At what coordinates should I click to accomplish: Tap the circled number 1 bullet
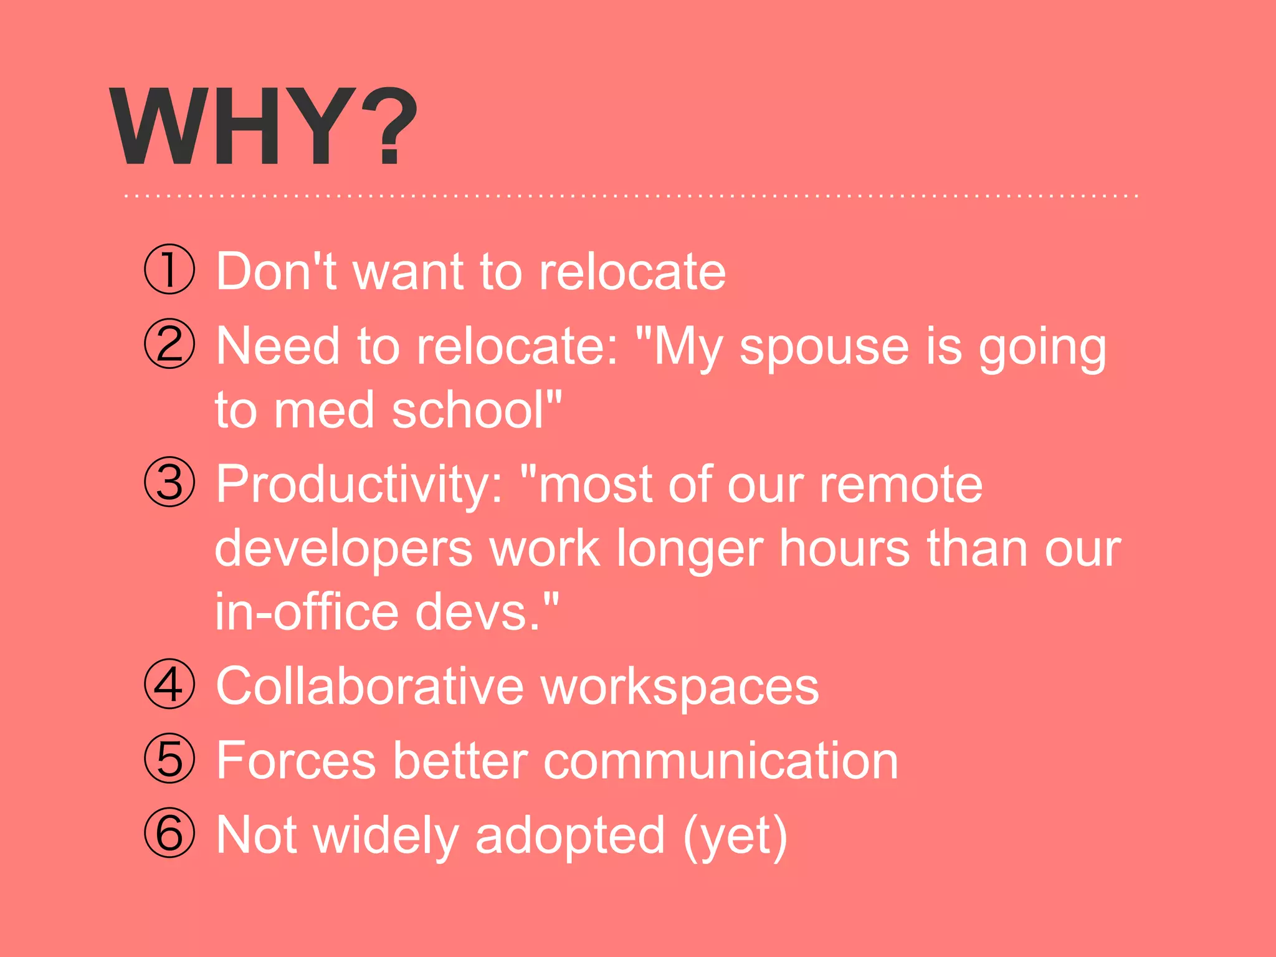click(x=169, y=269)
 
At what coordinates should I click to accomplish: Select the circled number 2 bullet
click(x=169, y=344)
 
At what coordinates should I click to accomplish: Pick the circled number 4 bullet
click(x=169, y=683)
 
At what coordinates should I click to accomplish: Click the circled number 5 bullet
click(x=169, y=758)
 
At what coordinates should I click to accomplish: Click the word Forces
click(x=296, y=761)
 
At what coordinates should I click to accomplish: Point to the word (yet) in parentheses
click(x=735, y=837)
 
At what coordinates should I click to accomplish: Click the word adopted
click(x=570, y=837)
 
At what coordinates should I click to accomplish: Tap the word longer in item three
click(x=689, y=550)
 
